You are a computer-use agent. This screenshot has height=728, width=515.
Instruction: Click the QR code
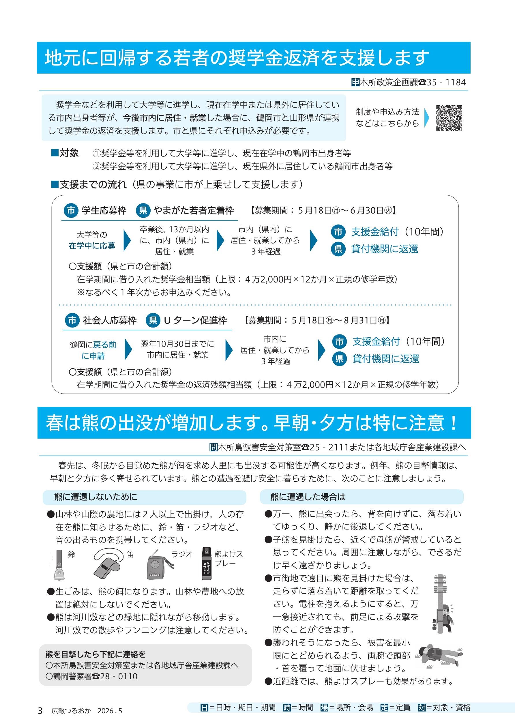(x=449, y=118)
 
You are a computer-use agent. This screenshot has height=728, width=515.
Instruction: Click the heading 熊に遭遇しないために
(x=96, y=497)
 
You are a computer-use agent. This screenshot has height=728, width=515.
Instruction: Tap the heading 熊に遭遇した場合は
(x=308, y=497)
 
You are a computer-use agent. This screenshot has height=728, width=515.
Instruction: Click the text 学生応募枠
(x=104, y=211)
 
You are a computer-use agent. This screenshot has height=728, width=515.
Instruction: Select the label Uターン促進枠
(x=195, y=321)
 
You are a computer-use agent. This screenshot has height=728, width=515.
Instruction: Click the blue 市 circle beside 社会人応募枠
(x=72, y=321)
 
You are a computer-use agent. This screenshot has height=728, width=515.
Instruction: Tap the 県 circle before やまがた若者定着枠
(x=143, y=211)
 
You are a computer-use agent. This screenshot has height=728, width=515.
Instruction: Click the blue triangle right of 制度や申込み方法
(x=426, y=118)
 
